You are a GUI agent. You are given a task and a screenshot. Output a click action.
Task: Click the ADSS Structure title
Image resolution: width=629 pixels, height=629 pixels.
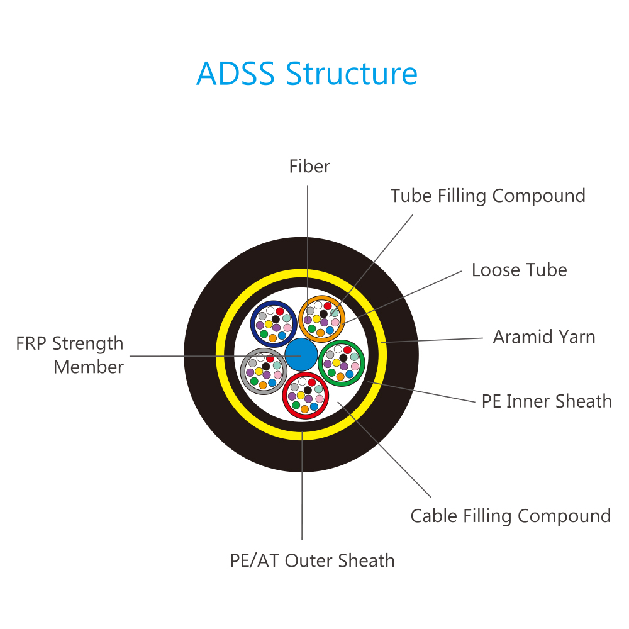pyautogui.click(x=307, y=74)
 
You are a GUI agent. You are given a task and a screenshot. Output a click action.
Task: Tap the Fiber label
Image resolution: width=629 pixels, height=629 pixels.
pyautogui.click(x=309, y=166)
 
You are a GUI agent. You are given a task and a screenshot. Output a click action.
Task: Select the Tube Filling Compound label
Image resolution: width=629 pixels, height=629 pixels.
pyautogui.click(x=488, y=196)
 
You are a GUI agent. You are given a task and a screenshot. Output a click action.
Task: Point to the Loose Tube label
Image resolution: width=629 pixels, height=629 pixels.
pyautogui.click(x=519, y=270)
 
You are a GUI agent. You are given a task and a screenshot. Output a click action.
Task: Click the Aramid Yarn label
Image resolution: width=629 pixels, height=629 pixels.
pyautogui.click(x=544, y=337)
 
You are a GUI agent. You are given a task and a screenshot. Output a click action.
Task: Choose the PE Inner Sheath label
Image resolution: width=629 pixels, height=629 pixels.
pyautogui.click(x=547, y=401)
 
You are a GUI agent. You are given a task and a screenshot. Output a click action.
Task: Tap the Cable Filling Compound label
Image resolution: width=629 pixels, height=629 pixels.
pyautogui.click(x=511, y=516)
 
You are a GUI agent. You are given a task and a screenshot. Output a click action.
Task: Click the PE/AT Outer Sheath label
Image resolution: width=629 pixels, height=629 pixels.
pyautogui.click(x=312, y=561)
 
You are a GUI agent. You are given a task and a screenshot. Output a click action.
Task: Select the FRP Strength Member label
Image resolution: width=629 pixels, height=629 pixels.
pyautogui.click(x=70, y=355)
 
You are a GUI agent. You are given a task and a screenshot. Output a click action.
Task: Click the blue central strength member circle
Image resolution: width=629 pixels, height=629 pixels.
pyautogui.click(x=301, y=355)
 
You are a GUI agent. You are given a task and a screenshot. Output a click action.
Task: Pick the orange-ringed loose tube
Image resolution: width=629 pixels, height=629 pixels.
pyautogui.click(x=321, y=319)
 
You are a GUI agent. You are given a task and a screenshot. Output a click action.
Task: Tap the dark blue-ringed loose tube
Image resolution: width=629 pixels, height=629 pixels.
pyautogui.click(x=274, y=324)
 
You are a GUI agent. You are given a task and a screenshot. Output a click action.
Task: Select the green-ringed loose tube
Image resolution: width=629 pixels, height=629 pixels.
pyautogui.click(x=342, y=363)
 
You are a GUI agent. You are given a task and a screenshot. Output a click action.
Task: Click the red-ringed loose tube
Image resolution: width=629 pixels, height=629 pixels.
pyautogui.click(x=306, y=396)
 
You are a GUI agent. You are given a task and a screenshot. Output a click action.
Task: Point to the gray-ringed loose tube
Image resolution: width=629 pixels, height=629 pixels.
pyautogui.click(x=264, y=371)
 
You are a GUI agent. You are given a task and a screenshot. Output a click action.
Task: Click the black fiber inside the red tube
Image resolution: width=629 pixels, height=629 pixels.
pyautogui.click(x=308, y=391)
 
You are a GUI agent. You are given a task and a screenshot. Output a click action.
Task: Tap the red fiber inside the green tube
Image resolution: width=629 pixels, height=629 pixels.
pyautogui.click(x=347, y=350)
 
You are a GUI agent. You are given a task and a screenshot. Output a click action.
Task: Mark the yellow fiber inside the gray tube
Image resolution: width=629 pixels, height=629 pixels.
pyautogui.click(x=259, y=372)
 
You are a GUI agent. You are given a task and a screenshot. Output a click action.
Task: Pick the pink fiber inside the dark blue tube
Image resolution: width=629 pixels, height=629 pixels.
pyautogui.click(x=287, y=328)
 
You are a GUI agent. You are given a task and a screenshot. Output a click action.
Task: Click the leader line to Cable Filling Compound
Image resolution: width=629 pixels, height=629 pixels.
pyautogui.click(x=384, y=449)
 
